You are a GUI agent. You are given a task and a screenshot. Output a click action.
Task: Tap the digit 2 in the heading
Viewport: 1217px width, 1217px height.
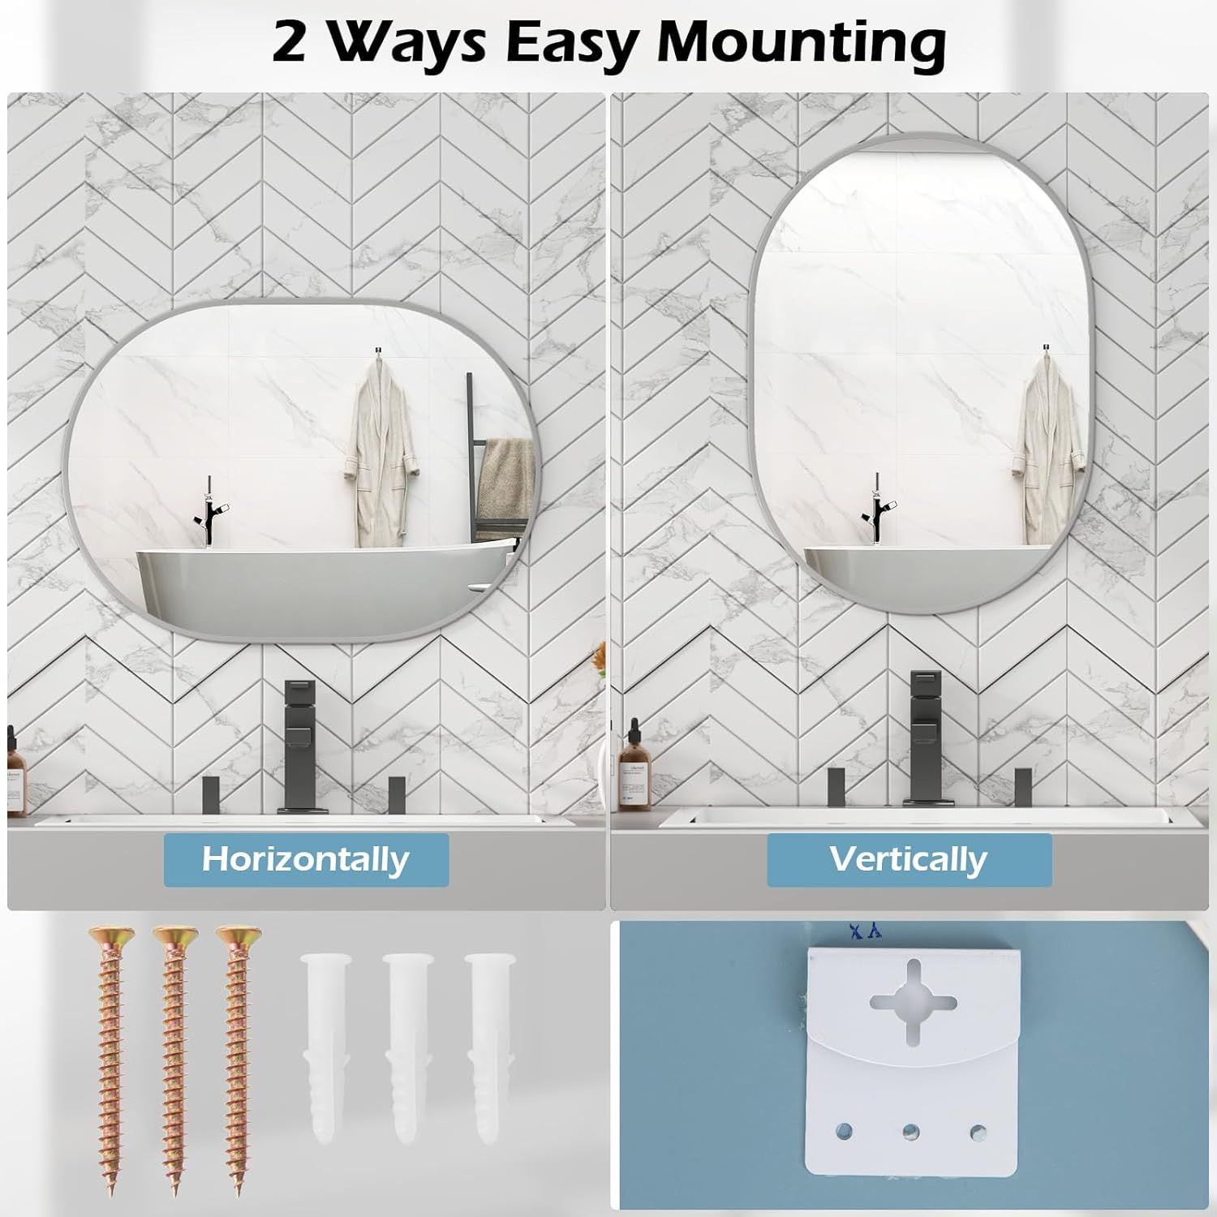pos(290,42)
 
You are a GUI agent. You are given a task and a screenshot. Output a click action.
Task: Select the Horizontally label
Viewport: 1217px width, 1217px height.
pos(306,859)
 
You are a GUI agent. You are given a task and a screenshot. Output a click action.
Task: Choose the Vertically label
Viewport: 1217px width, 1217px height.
pos(909,859)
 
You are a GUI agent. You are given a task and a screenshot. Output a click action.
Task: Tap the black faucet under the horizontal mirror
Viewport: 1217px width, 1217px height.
pos(303,746)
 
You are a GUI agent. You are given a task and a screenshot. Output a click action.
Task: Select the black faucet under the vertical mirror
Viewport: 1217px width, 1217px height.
pos(927,738)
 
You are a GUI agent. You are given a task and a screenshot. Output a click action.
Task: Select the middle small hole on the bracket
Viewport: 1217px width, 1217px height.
pos(911,1131)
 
